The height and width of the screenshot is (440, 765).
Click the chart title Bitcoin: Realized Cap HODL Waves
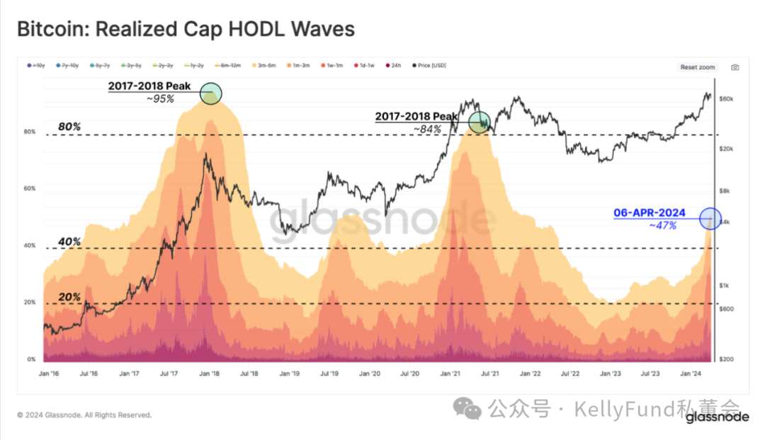[x=186, y=30]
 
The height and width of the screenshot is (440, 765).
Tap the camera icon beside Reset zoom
[x=735, y=67]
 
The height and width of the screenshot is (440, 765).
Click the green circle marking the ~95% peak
[x=211, y=93]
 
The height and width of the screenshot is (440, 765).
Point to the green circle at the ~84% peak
[x=480, y=122]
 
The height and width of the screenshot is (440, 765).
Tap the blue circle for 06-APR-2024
[x=710, y=219]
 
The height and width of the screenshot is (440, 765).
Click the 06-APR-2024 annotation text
[x=650, y=213]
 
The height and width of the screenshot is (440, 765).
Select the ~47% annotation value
[x=662, y=226]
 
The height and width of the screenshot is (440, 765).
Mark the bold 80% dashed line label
[x=69, y=127]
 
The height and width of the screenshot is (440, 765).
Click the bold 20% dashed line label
[x=69, y=297]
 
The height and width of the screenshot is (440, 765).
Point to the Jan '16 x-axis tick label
[x=47, y=372]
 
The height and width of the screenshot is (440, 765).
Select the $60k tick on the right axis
[x=726, y=99]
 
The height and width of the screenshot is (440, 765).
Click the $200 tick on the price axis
[x=726, y=359]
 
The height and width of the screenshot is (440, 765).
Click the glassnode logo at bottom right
[x=717, y=417]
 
